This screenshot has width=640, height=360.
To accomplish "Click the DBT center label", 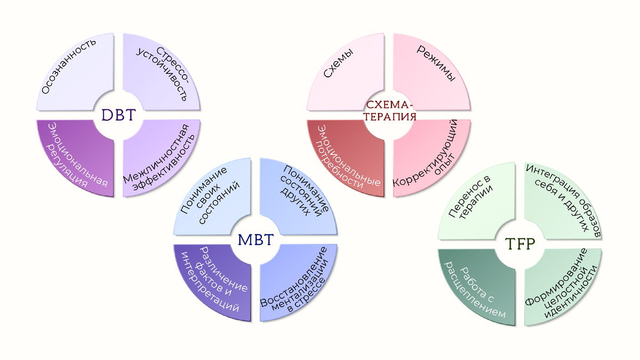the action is click(x=118, y=115).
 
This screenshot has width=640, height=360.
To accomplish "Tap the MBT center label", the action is click(x=255, y=239).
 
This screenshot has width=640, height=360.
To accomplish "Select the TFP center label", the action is click(x=520, y=244).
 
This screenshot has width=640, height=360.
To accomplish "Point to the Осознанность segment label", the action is click(x=69, y=66).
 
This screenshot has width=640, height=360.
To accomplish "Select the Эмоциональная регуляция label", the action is click(x=76, y=156).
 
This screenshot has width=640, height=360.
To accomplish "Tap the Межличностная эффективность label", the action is click(x=159, y=158).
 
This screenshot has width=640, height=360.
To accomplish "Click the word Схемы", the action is click(x=338, y=63).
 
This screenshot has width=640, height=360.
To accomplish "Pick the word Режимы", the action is click(x=436, y=63).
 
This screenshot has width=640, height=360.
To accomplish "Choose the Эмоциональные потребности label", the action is click(x=347, y=157).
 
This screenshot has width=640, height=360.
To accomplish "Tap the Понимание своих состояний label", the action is click(x=210, y=195).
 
